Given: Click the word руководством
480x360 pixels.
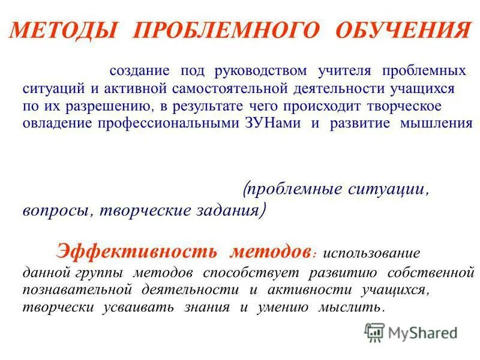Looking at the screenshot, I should coord(264,71).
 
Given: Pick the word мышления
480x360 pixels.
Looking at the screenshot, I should coord(443,124).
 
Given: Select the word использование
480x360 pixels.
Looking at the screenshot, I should coord(371,253).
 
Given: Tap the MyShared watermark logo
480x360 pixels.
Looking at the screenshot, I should coord(411,332).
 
